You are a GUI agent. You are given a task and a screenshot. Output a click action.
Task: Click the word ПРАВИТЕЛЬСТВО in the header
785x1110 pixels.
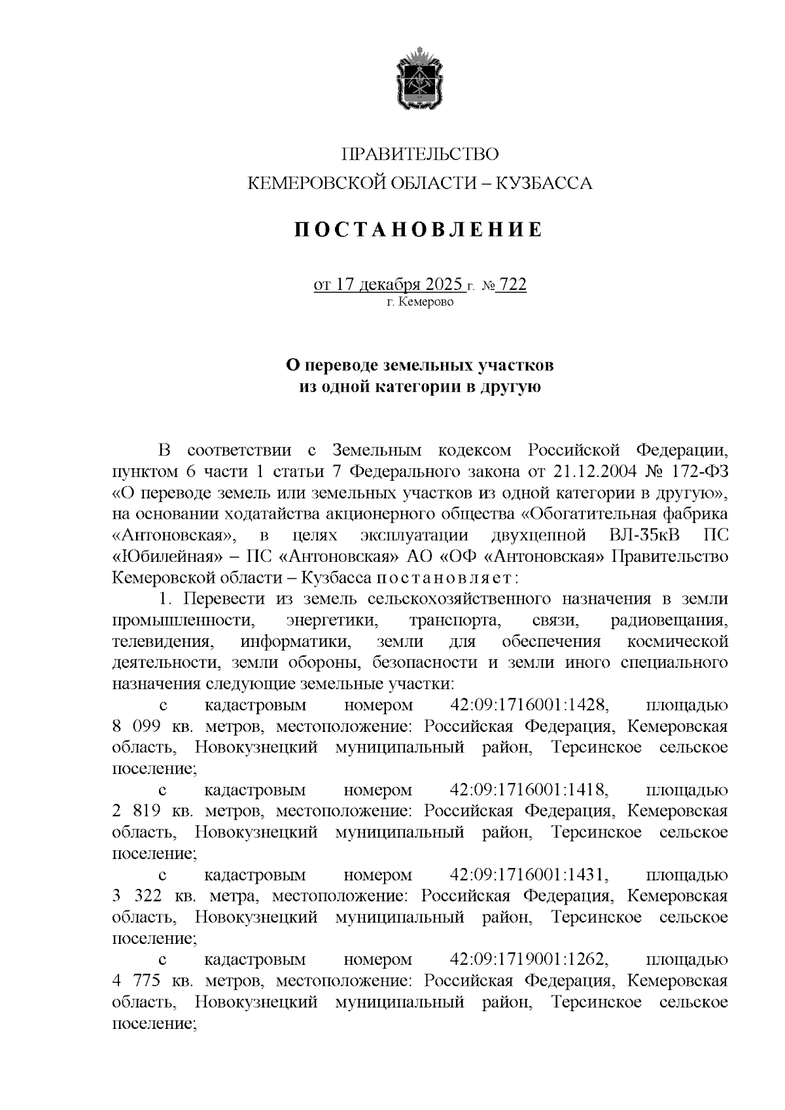click(x=419, y=154)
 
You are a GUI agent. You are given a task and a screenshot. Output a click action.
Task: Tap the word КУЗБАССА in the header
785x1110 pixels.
click(x=546, y=184)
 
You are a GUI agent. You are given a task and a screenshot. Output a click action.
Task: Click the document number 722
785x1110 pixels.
click(x=512, y=285)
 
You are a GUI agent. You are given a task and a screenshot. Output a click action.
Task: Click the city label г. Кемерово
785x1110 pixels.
click(x=419, y=303)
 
